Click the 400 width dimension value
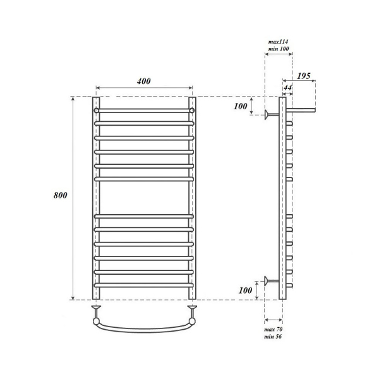pyautogui.click(x=143, y=81)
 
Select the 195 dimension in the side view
pyautogui.click(x=303, y=76)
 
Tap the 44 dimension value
pyautogui.click(x=288, y=86)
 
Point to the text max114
pyautogui.click(x=279, y=41)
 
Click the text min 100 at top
pyautogui.click(x=279, y=48)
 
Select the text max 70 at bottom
pyautogui.click(x=273, y=330)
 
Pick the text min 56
pyautogui.click(x=273, y=337)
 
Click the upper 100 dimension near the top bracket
pyautogui.click(x=240, y=106)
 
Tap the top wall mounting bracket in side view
pyautogui.click(x=272, y=114)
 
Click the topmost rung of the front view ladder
pyautogui.click(x=144, y=110)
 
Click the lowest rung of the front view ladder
pyautogui.click(x=144, y=286)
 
